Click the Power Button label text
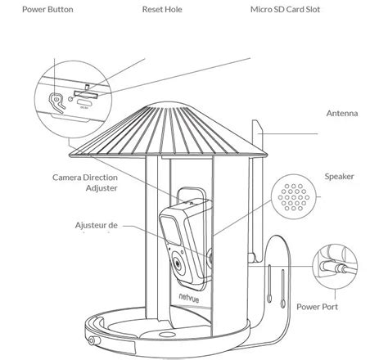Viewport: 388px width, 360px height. tap(47, 11)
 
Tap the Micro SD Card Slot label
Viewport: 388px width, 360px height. tap(286, 11)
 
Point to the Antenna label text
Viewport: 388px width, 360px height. tap(341, 114)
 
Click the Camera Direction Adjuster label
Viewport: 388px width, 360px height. tap(84, 182)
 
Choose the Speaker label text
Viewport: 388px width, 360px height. tap(339, 176)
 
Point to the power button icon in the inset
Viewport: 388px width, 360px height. tap(56, 100)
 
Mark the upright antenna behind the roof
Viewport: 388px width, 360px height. tap(259, 131)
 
